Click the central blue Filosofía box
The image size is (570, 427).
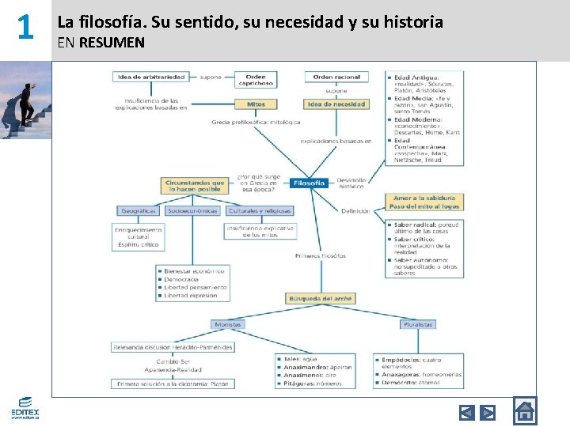pos(309,183)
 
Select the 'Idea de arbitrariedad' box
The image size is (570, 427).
pos(151,77)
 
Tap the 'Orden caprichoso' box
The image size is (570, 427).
pos(255,80)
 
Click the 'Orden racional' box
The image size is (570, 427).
pos(336,77)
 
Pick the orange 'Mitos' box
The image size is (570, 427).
pos(256,104)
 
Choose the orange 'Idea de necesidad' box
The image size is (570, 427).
pos(336,104)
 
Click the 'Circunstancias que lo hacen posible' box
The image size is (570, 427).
pos(194,186)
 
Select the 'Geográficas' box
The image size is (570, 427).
pos(138,211)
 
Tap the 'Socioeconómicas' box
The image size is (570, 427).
pos(192,211)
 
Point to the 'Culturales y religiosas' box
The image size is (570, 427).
pos(260,211)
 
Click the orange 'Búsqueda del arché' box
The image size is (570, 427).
pos(320,298)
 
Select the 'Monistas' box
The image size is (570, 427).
pos(228,324)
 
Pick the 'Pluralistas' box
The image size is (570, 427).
pos(417,324)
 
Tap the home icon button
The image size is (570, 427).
pos(524,411)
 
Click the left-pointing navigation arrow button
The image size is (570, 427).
pos(467,412)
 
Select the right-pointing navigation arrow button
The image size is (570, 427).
pos(488,412)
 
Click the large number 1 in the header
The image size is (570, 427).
pos(25,29)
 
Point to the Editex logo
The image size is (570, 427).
pos(25,406)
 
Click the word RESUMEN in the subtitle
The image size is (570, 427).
pos(112,43)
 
